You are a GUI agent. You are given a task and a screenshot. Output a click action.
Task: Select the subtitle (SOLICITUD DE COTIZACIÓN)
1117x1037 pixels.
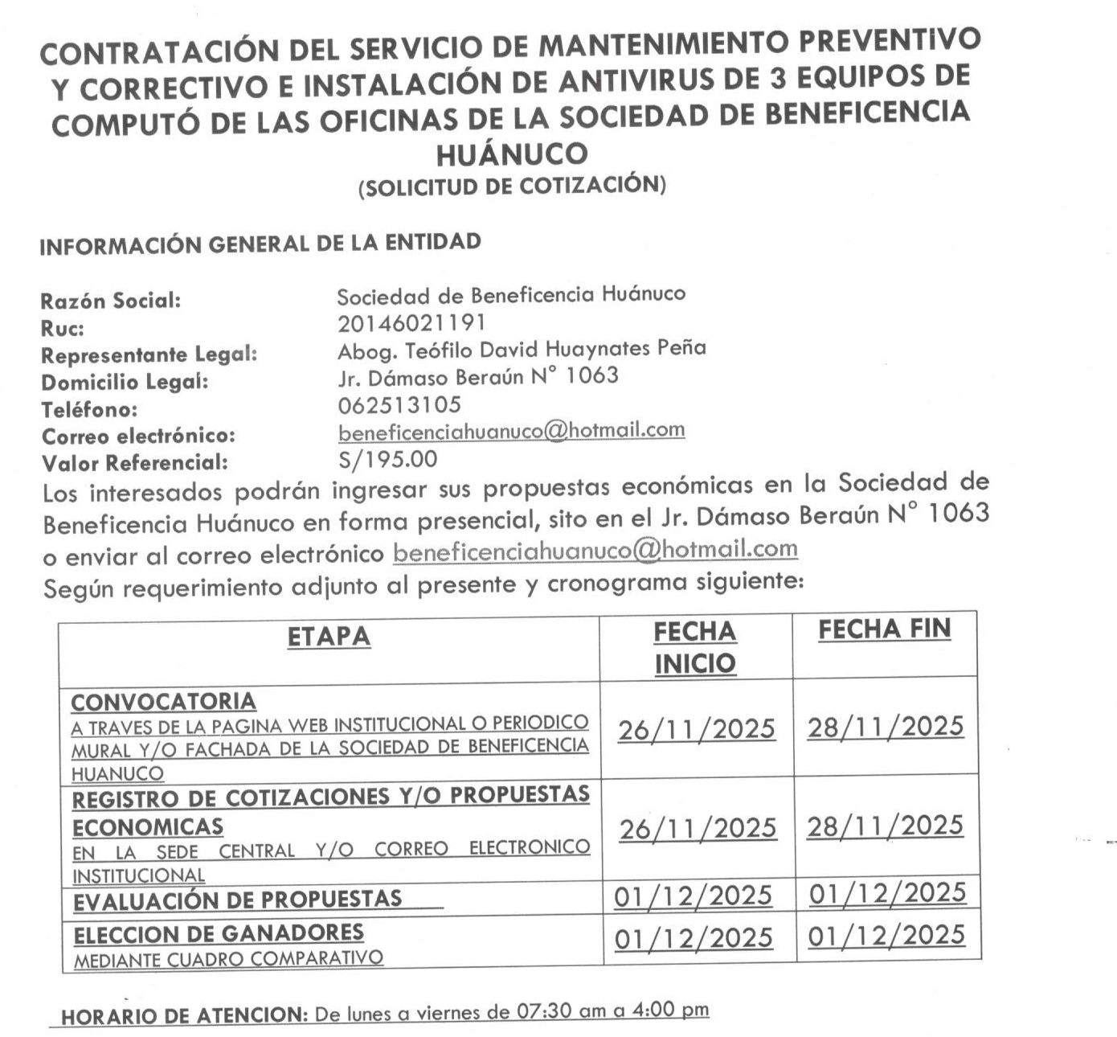pyautogui.click(x=512, y=186)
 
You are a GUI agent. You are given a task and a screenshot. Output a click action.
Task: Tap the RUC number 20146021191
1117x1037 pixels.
pyautogui.click(x=411, y=322)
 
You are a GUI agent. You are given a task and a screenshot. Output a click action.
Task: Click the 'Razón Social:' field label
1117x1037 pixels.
pyautogui.click(x=111, y=301)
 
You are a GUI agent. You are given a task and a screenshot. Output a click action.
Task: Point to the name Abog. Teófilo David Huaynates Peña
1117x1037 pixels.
pyautogui.click(x=522, y=349)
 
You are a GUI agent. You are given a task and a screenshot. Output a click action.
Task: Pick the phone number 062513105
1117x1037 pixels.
pyautogui.click(x=399, y=404)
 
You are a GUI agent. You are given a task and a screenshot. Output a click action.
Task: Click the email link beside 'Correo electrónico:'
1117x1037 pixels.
pyautogui.click(x=511, y=431)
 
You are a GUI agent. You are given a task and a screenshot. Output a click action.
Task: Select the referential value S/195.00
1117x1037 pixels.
pyautogui.click(x=387, y=459)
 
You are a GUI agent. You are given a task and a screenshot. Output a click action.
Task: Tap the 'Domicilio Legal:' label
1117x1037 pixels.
pyautogui.click(x=125, y=382)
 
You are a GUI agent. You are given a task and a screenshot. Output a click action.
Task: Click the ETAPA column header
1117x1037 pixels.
pyautogui.click(x=329, y=637)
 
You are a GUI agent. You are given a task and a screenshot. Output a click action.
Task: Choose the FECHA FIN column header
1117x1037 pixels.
pyautogui.click(x=884, y=629)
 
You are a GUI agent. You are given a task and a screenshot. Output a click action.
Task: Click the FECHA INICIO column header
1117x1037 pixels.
pyautogui.click(x=695, y=648)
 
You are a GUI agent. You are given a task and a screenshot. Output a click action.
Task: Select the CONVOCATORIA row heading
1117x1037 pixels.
pyautogui.click(x=163, y=702)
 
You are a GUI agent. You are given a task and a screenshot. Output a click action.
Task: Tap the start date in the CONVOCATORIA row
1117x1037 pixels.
pyautogui.click(x=697, y=730)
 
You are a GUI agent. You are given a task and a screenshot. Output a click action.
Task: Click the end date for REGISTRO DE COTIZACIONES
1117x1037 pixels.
pyautogui.click(x=885, y=826)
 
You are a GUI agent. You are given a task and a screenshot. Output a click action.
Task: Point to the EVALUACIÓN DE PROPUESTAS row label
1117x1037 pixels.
pyautogui.click(x=238, y=900)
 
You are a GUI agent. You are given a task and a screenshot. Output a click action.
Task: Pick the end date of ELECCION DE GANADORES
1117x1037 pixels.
pyautogui.click(x=886, y=936)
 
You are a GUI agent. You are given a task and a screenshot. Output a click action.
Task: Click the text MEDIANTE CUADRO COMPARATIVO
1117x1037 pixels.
pyautogui.click(x=228, y=959)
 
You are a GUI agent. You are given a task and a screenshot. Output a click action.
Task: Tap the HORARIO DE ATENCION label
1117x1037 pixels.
pyautogui.click(x=184, y=1016)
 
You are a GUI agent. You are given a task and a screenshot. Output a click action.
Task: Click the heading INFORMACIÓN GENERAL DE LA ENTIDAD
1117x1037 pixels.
pyautogui.click(x=260, y=244)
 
